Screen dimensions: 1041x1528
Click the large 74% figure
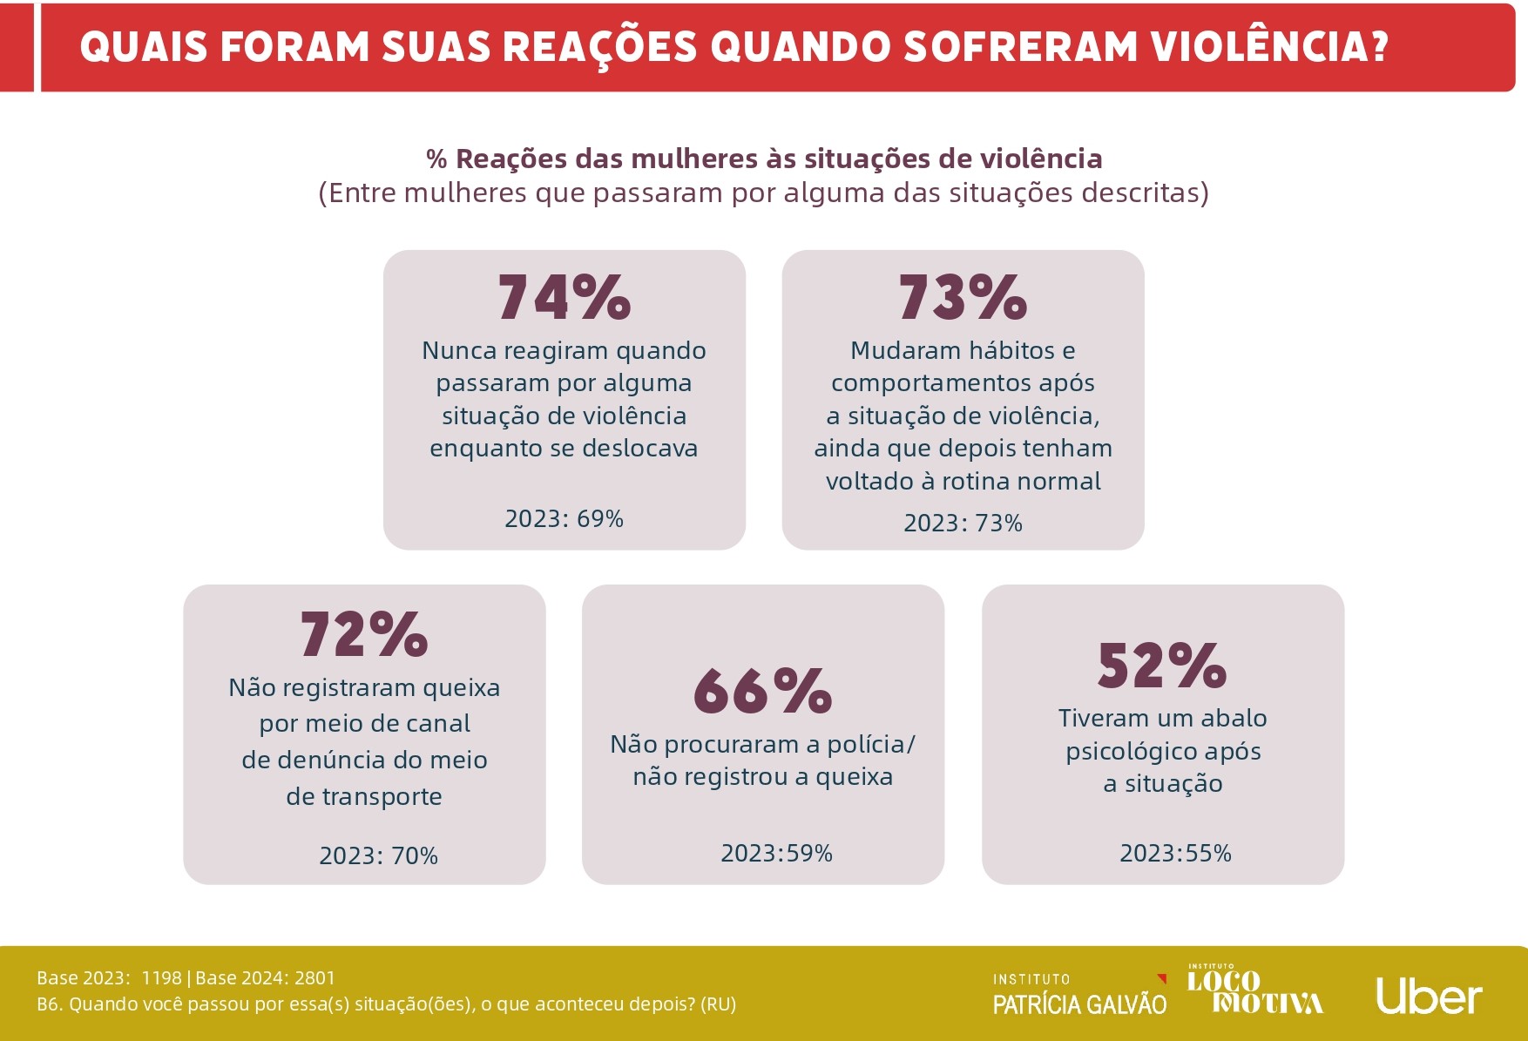pyautogui.click(x=564, y=298)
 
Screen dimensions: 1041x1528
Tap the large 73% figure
pyautogui.click(x=963, y=298)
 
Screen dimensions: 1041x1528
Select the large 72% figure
pyautogui.click(x=364, y=634)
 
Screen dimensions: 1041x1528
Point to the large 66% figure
pyautogui.click(x=762, y=692)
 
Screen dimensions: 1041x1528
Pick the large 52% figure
pyautogui.click(x=1162, y=666)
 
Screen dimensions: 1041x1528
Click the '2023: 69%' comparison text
pyautogui.click(x=564, y=519)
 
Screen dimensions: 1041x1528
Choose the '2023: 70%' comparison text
pyautogui.click(x=378, y=856)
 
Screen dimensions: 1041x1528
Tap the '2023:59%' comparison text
pyautogui.click(x=776, y=854)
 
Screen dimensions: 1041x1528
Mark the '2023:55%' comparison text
pyautogui.click(x=1175, y=854)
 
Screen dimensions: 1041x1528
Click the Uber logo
pyautogui.click(x=1429, y=997)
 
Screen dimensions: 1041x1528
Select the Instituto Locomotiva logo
pyautogui.click(x=1254, y=991)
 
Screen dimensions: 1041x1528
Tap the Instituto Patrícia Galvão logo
pyautogui.click(x=1079, y=996)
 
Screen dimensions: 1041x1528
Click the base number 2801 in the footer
pyautogui.click(x=314, y=978)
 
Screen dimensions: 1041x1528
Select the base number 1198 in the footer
pyautogui.click(x=161, y=978)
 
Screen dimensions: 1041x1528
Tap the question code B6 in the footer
pyautogui.click(x=49, y=1004)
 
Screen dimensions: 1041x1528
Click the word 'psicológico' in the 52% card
pyautogui.click(x=1163, y=752)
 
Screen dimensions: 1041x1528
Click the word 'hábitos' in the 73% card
pyautogui.click(x=1011, y=351)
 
